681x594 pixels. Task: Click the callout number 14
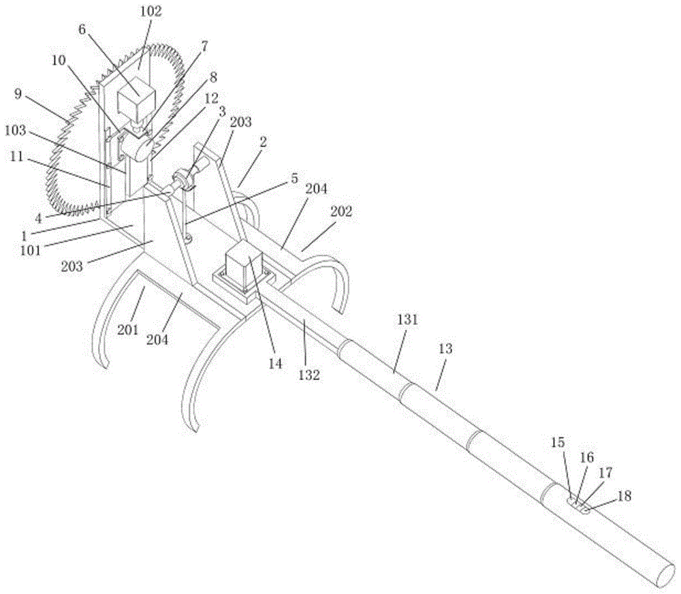click(x=274, y=363)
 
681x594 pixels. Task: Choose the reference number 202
click(x=343, y=211)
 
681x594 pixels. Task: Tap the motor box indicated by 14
click(x=247, y=268)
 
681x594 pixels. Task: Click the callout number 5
click(x=294, y=179)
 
